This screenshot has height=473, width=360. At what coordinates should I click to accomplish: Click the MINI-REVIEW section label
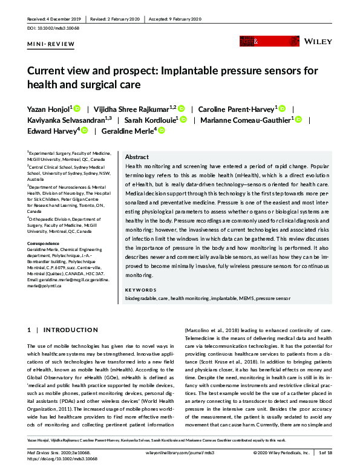pos(51,45)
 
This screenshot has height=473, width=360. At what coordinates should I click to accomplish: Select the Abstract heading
pos(136,156)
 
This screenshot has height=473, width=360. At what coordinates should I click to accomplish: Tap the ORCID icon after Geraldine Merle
pos(161,131)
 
